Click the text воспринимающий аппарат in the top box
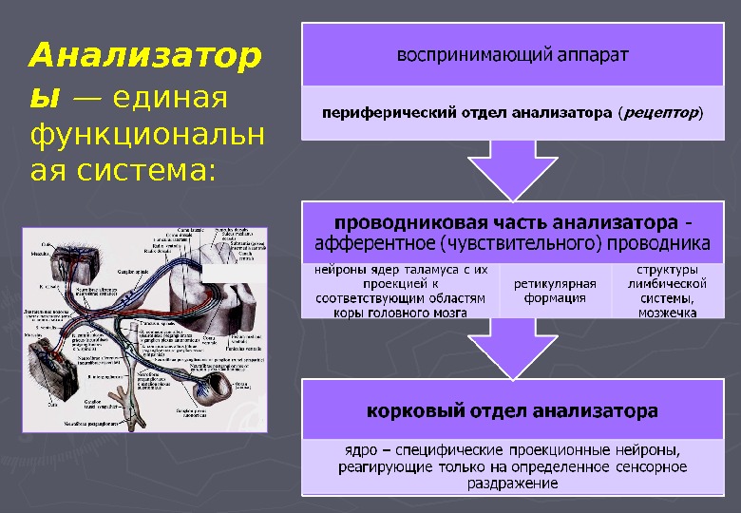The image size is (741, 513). point(512,53)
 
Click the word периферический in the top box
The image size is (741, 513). point(373,113)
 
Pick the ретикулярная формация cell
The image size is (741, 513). point(555,291)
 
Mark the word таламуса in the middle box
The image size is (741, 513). point(419,270)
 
